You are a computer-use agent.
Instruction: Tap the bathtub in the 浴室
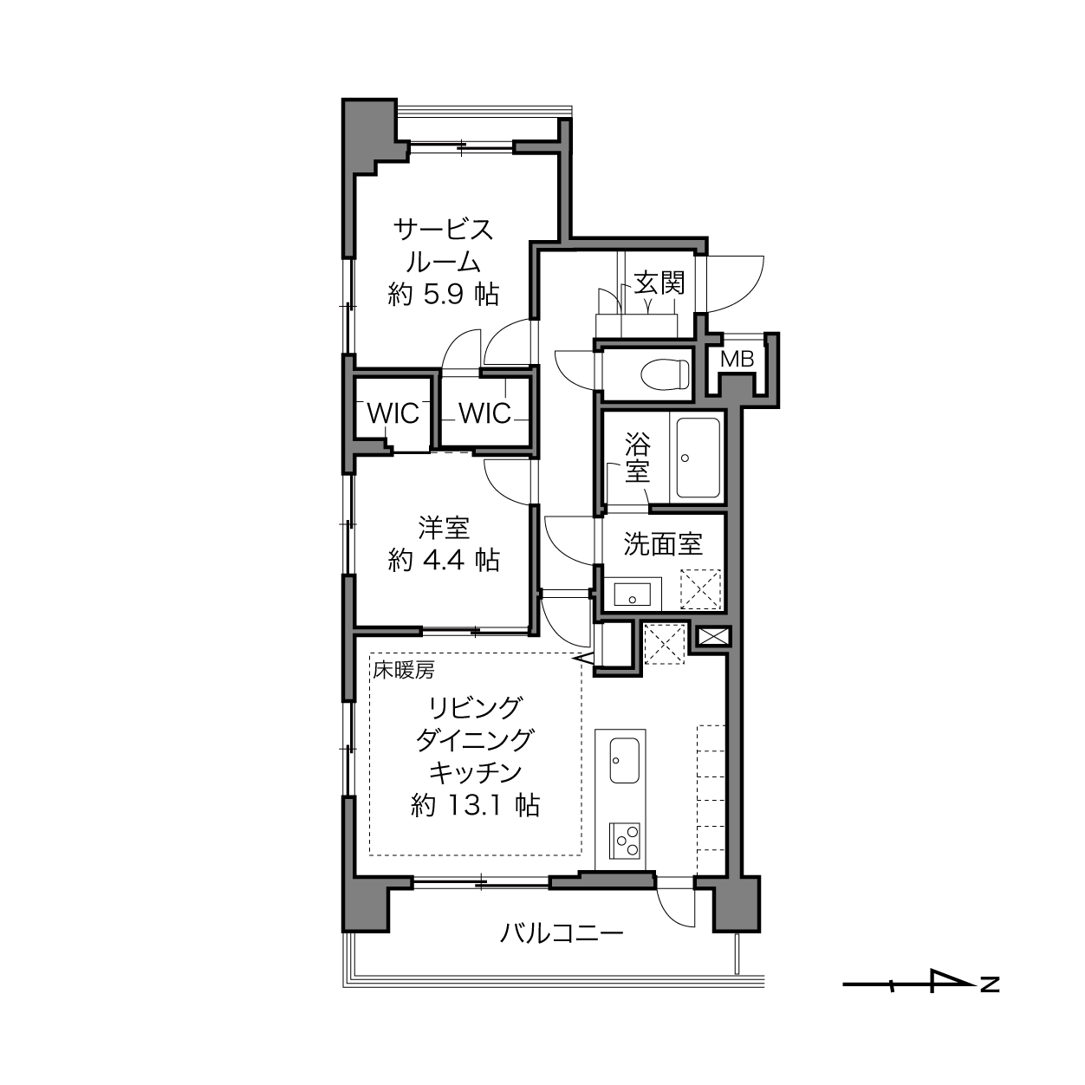click(698, 458)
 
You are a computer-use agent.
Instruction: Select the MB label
click(737, 359)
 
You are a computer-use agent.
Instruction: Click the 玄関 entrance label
click(659, 283)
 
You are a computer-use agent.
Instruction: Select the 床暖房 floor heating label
click(403, 670)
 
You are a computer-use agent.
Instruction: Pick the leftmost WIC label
click(393, 414)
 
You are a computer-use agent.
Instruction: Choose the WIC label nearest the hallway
click(484, 414)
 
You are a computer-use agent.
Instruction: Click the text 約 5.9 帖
click(444, 295)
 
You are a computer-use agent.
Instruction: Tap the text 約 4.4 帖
click(444, 560)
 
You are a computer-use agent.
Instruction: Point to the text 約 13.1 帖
click(475, 805)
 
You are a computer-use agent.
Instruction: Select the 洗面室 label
click(663, 544)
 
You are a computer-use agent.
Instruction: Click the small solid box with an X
click(714, 637)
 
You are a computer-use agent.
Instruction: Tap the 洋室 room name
click(444, 528)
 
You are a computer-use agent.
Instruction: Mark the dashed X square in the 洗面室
click(701, 589)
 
